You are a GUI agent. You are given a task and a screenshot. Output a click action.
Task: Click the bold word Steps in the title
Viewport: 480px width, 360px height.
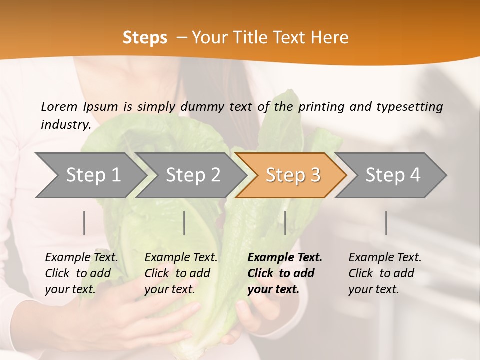click(x=145, y=38)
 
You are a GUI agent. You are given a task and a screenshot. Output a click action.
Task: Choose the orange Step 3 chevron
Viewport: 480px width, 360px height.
click(x=293, y=175)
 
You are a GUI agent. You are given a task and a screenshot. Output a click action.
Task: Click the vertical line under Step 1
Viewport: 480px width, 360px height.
click(x=84, y=223)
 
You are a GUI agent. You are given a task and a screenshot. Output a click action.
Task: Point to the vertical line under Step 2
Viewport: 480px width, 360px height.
click(x=184, y=223)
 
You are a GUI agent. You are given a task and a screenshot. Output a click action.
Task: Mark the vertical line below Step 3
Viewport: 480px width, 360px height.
click(x=285, y=223)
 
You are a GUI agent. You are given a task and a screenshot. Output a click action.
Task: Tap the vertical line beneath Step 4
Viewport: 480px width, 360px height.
click(x=386, y=223)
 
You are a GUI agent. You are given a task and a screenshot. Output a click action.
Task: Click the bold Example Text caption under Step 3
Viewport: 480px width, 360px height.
click(x=285, y=273)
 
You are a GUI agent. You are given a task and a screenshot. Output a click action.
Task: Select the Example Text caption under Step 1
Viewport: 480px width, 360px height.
click(x=81, y=273)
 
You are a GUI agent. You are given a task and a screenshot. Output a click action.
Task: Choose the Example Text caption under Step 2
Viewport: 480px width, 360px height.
click(x=181, y=273)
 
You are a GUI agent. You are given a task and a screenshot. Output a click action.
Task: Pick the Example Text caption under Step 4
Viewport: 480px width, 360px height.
click(x=385, y=273)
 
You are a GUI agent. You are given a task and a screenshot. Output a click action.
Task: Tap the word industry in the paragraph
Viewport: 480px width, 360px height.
click(x=66, y=125)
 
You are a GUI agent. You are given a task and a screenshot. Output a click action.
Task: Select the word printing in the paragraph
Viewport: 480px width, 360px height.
click(x=321, y=107)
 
